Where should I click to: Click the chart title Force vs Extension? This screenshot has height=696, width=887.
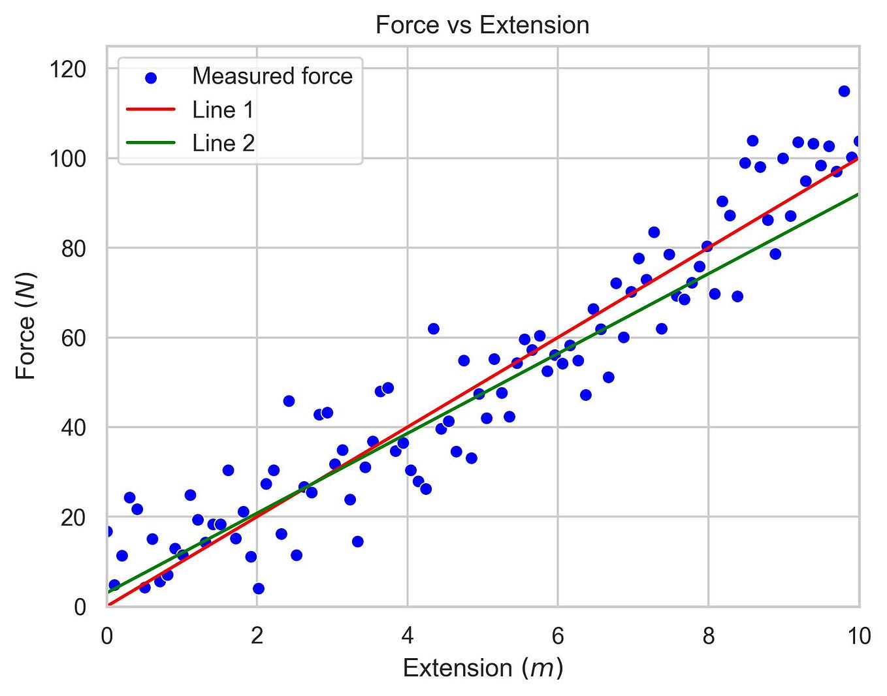pos(482,25)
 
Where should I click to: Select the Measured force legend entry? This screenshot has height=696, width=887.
pos(272,76)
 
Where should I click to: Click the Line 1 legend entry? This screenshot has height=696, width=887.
pos(223,110)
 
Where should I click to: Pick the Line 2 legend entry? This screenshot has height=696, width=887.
pos(223,143)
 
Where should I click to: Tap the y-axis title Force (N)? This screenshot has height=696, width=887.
pos(26,326)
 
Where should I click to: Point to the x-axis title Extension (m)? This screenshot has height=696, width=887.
pos(482,668)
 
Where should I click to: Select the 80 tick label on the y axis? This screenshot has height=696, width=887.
pos(73,248)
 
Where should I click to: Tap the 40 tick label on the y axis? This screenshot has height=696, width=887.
pos(73,428)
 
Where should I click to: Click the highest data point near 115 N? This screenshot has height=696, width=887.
pos(844,91)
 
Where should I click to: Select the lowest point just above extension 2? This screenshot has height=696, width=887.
pos(259,588)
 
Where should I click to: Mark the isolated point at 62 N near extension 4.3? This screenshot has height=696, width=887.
pos(433,328)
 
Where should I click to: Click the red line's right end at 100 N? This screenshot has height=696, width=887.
pos(857,159)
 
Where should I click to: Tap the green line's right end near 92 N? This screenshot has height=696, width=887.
pos(857,195)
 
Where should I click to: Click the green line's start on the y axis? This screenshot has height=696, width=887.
pos(108,592)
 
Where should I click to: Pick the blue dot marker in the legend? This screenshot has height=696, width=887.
pos(151,77)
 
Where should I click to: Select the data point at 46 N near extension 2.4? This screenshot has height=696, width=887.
pos(289,401)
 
